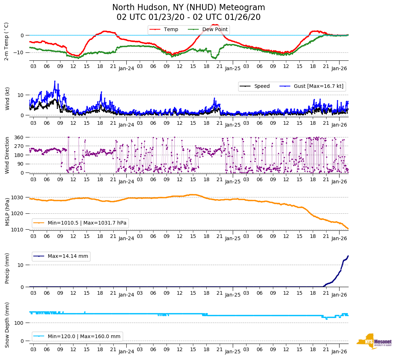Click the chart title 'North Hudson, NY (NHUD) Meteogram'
[188, 8]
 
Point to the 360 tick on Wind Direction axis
[19, 137]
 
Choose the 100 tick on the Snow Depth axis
[19, 323]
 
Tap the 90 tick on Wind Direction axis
[20, 164]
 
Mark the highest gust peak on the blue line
[55, 81]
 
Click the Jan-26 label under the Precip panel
[339, 295]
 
